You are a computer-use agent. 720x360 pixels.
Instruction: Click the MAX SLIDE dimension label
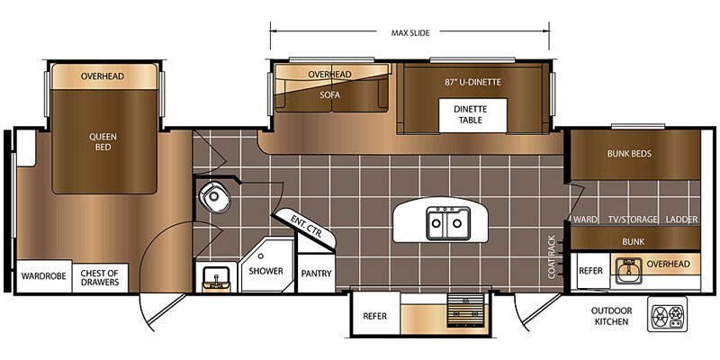[410, 32]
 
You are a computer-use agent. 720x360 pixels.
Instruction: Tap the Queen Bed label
[103, 142]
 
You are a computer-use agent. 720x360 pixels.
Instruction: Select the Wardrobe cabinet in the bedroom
[44, 276]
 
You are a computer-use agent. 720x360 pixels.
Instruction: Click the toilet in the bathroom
[214, 196]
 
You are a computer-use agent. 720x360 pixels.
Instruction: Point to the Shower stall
[266, 265]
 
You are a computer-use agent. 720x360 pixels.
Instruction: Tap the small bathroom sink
[216, 278]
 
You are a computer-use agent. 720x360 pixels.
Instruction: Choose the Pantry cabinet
[316, 274]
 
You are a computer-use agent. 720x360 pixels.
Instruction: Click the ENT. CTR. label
[307, 226]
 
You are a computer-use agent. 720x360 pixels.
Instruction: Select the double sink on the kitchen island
[448, 223]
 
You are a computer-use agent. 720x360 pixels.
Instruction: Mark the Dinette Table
[472, 115]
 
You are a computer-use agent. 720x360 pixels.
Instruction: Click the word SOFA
[329, 95]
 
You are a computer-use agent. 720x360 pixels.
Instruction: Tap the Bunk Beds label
[629, 154]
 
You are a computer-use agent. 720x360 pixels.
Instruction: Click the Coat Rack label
[552, 256]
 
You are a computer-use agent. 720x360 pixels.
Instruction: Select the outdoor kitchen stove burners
[667, 314]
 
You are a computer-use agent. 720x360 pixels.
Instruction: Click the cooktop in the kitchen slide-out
[465, 310]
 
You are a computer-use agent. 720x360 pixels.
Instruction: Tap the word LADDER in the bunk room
[682, 220]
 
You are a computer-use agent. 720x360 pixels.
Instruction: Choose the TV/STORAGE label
[634, 220]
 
